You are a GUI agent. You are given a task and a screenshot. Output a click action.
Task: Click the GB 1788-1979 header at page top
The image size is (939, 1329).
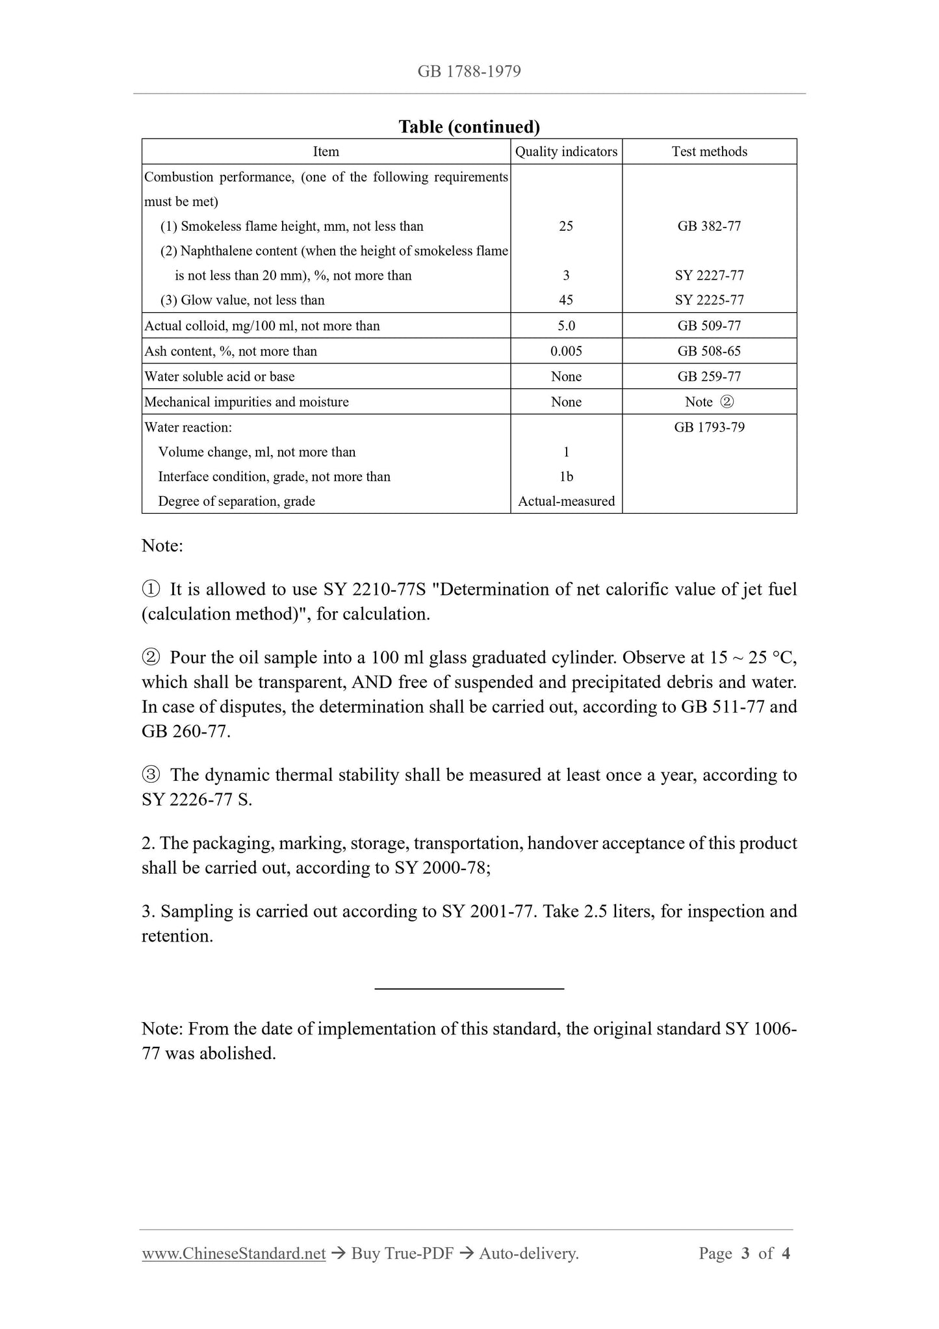[469, 72]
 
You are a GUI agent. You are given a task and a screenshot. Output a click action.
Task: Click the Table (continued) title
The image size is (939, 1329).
[469, 127]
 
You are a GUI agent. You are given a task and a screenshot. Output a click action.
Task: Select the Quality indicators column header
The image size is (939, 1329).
[566, 151]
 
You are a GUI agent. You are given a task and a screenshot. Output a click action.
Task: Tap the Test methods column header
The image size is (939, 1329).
[709, 151]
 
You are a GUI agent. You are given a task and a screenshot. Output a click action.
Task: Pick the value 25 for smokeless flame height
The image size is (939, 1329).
[566, 226]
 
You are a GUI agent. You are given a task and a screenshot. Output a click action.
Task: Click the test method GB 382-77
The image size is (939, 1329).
[709, 226]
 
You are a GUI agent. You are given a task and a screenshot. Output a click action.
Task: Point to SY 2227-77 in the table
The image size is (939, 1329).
[709, 276]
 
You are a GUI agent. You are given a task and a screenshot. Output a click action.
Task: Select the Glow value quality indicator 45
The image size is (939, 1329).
[566, 300]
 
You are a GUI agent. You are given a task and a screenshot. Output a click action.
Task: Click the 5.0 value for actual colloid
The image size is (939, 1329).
[566, 326]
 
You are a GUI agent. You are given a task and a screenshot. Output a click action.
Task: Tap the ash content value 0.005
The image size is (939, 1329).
[566, 351]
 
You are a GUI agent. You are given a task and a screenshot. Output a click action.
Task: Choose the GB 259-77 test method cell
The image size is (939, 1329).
[709, 376]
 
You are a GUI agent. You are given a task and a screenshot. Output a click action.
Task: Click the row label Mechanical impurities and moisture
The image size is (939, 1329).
[246, 402]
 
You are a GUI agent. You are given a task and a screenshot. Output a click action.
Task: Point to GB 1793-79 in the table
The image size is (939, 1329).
[709, 427]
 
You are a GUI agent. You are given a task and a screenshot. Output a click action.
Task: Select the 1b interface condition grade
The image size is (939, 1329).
[566, 477]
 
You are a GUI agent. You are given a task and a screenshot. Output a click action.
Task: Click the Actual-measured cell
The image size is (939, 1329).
[566, 501]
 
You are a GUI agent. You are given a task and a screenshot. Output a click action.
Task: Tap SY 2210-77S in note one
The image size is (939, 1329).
[374, 589]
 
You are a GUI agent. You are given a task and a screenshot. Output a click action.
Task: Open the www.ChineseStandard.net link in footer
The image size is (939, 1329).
[234, 1254]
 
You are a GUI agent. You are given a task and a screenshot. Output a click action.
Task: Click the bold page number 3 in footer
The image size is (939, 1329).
[745, 1254]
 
